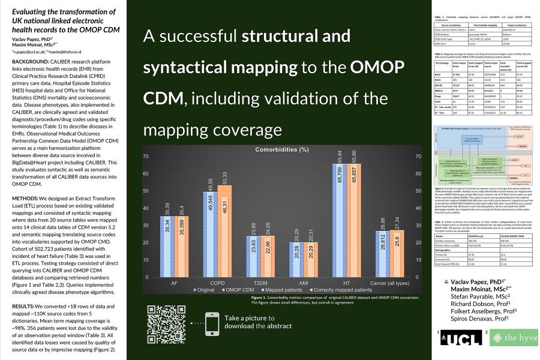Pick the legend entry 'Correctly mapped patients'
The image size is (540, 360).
point(333,290)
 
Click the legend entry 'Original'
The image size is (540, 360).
point(205,290)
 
